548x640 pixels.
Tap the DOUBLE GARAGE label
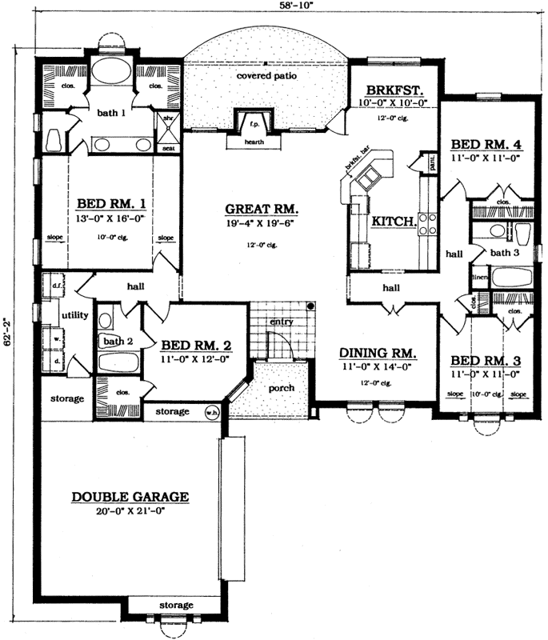pos(130,497)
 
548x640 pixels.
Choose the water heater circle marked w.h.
pos(212,412)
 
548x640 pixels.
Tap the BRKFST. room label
pos(394,90)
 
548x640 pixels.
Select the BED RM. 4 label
pos(486,145)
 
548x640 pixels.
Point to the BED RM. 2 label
pos(197,346)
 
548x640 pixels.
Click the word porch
pos(282,388)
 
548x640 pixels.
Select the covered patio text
pos(266,76)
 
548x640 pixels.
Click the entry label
pos(282,322)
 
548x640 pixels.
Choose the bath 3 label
pos(506,253)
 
